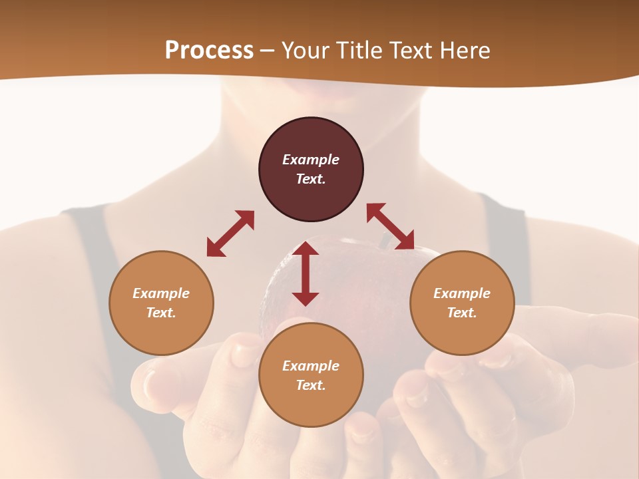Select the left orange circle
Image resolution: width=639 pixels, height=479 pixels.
click(x=161, y=303)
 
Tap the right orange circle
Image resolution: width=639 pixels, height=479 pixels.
click(x=462, y=303)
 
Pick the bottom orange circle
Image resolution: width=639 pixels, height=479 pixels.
click(x=311, y=375)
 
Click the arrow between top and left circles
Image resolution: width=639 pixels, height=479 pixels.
click(x=230, y=234)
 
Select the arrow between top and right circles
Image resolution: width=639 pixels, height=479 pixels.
click(x=391, y=226)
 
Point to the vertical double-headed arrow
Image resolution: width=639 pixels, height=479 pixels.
click(x=306, y=273)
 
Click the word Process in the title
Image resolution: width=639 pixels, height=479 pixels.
click(x=209, y=50)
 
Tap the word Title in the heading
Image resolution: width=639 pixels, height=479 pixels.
click(x=359, y=50)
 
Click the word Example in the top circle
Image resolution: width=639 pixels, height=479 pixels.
click(x=311, y=160)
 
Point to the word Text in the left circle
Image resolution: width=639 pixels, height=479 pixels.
click(x=161, y=313)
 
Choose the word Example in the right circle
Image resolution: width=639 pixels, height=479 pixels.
click(x=462, y=293)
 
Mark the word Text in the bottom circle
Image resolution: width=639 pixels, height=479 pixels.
click(x=311, y=385)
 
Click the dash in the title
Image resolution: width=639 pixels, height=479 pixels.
click(x=268, y=51)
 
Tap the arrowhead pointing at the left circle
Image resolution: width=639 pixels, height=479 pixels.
click(x=214, y=249)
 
